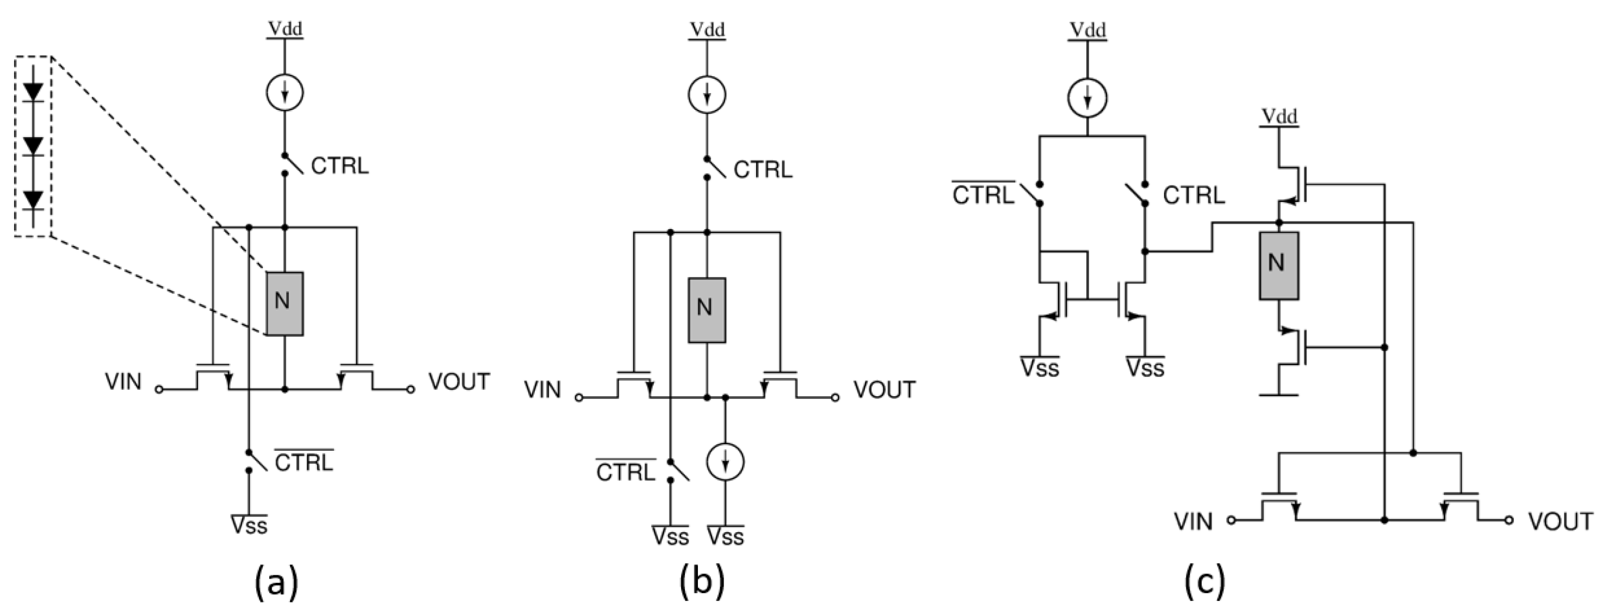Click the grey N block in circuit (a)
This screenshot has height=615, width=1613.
[285, 303]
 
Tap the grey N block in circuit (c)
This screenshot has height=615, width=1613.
[1278, 265]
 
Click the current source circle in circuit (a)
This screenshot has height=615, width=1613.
[285, 93]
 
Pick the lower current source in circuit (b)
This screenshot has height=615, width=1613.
[725, 462]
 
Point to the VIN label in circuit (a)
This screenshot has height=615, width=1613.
[123, 382]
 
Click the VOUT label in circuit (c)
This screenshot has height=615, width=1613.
[1560, 521]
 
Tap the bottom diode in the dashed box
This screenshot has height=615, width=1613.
[33, 200]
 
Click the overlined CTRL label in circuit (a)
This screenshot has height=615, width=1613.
[304, 462]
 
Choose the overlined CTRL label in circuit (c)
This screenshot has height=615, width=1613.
[982, 195]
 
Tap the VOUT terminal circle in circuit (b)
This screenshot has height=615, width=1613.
[835, 398]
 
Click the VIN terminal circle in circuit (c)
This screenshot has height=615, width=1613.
[1231, 520]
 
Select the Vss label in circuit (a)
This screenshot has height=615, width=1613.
[249, 525]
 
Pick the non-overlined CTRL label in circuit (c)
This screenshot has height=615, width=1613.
[1194, 195]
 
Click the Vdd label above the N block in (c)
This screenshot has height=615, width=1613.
[1278, 116]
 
